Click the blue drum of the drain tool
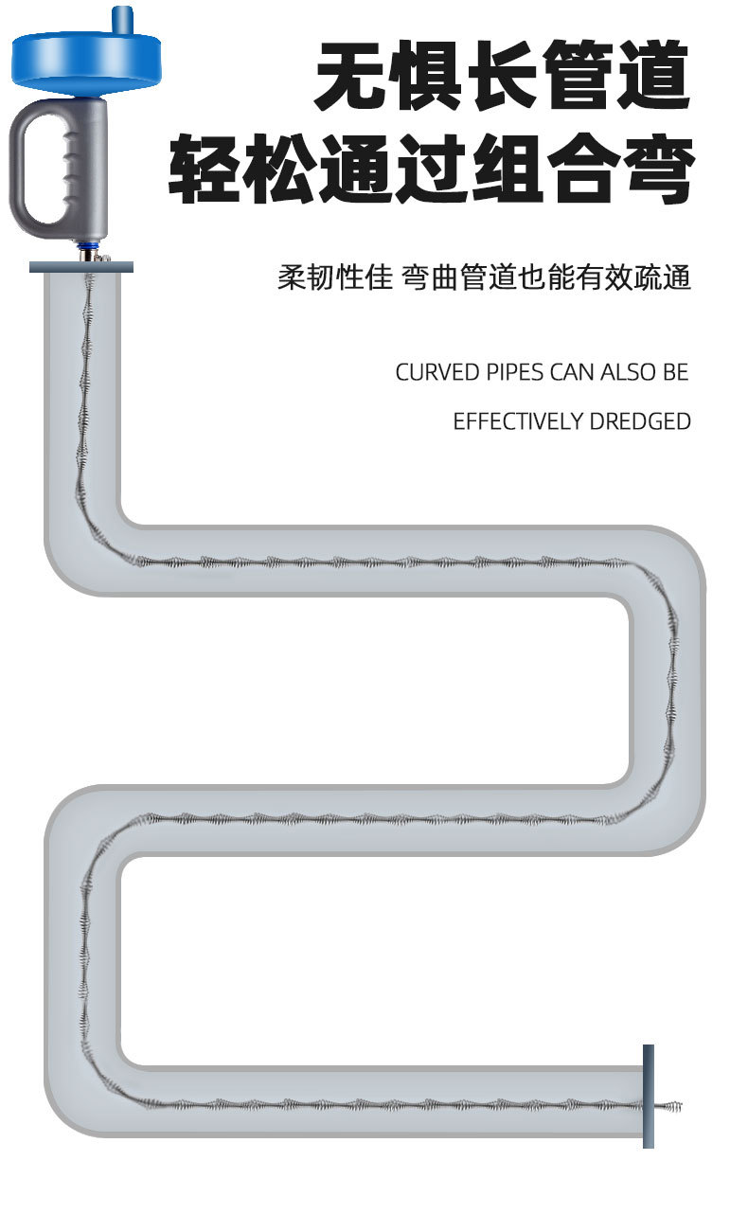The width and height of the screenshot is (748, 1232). [85, 58]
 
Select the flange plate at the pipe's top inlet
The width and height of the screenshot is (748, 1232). [81, 267]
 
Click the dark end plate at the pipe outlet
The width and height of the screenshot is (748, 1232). [649, 1096]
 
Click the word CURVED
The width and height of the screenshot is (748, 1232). [437, 372]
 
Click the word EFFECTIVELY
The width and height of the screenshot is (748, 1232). [518, 421]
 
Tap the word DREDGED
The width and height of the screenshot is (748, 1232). [640, 421]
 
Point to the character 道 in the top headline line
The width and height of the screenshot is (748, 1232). [652, 77]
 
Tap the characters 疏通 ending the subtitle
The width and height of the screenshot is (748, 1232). [663, 278]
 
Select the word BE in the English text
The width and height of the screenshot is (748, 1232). [675, 372]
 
